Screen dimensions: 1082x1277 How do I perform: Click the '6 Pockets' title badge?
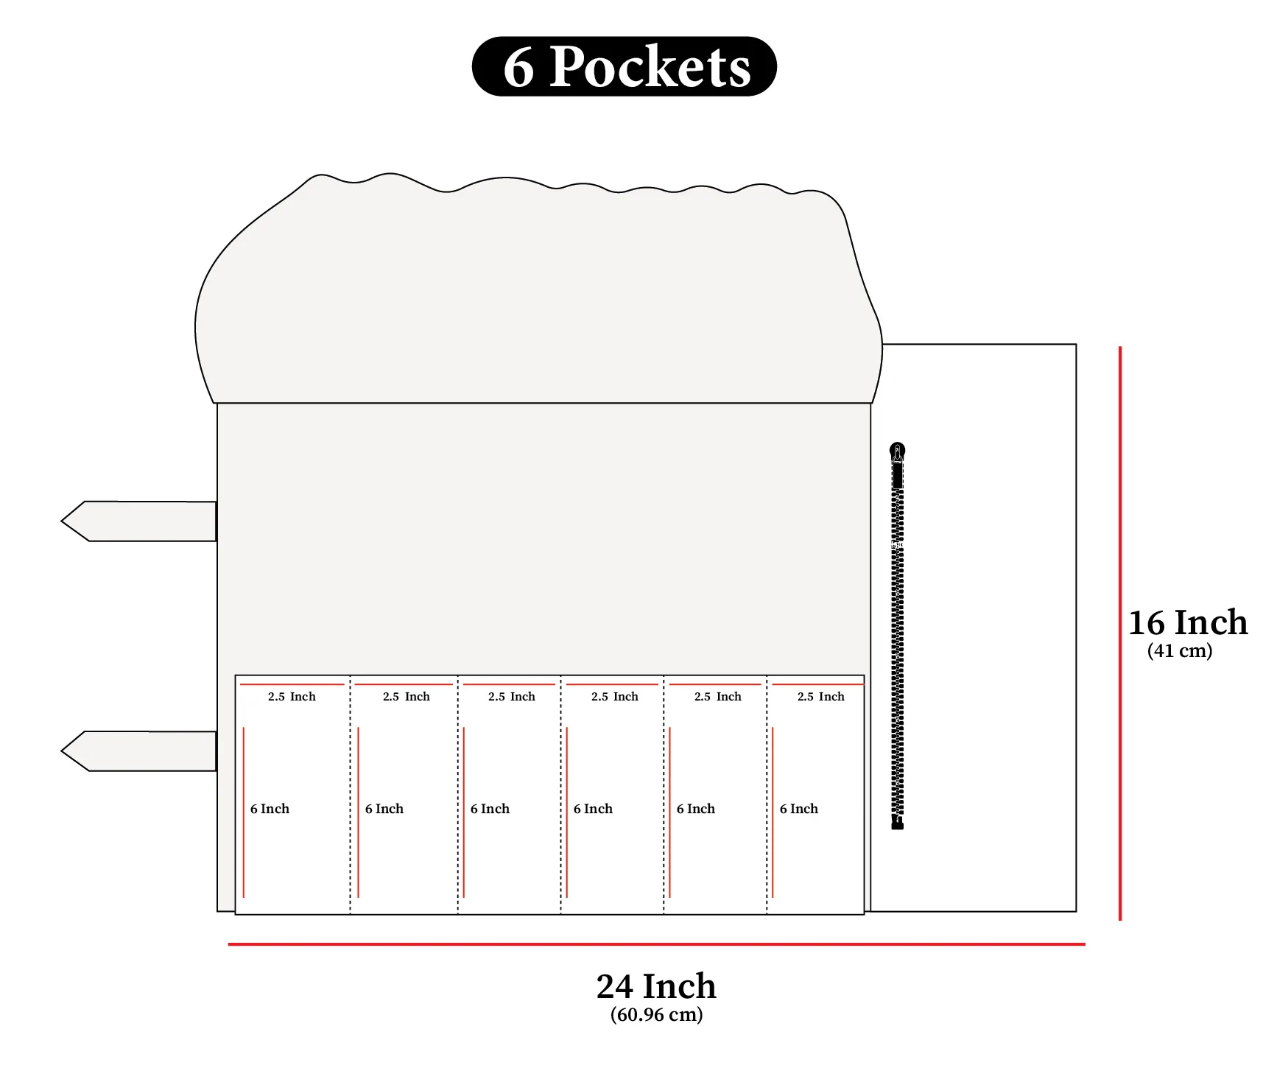tap(624, 66)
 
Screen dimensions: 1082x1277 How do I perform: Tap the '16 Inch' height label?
tap(1187, 622)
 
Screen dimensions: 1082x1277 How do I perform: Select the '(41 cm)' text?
tap(1179, 651)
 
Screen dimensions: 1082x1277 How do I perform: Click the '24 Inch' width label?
tap(655, 986)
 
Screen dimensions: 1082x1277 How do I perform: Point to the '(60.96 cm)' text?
tap(656, 1015)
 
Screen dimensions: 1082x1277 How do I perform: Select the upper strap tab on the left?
tap(140, 521)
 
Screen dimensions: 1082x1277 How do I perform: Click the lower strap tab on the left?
tap(140, 751)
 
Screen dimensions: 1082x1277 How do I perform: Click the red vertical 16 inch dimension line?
tap(1119, 633)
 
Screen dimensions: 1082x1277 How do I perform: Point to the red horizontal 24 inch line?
tap(655, 944)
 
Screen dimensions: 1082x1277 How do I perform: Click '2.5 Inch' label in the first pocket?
tap(292, 697)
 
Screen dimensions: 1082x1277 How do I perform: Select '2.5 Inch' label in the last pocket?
tap(820, 697)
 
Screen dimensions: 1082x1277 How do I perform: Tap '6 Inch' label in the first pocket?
tap(270, 809)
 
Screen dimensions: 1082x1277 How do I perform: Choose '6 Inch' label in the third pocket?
tap(490, 809)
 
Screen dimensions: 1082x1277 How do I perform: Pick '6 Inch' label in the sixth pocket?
tap(798, 809)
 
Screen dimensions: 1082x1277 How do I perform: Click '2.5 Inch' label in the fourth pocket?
tap(614, 697)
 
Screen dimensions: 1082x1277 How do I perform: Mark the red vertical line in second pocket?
tap(358, 810)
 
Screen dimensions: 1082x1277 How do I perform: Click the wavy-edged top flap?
tap(538, 295)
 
